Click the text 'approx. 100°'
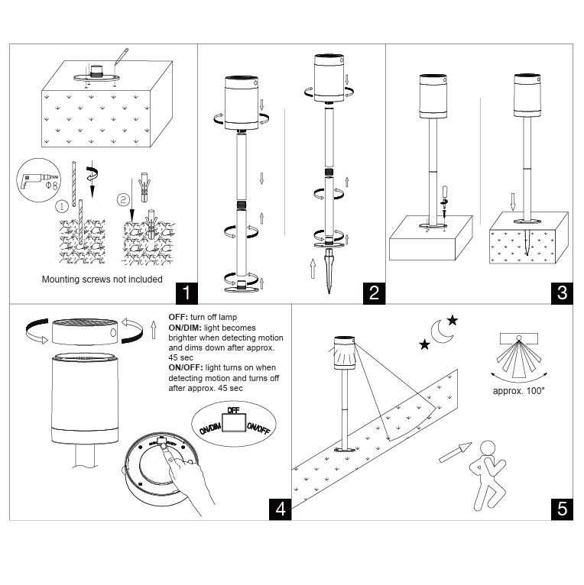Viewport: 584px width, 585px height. tap(519, 390)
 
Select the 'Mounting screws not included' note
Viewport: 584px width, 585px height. tap(102, 280)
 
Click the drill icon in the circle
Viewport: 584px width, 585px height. tap(32, 181)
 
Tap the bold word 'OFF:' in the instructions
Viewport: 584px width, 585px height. tap(179, 316)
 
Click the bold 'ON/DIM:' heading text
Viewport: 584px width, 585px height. tap(186, 327)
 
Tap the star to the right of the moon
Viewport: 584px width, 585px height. tap(453, 320)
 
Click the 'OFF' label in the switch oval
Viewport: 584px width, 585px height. tap(235, 410)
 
